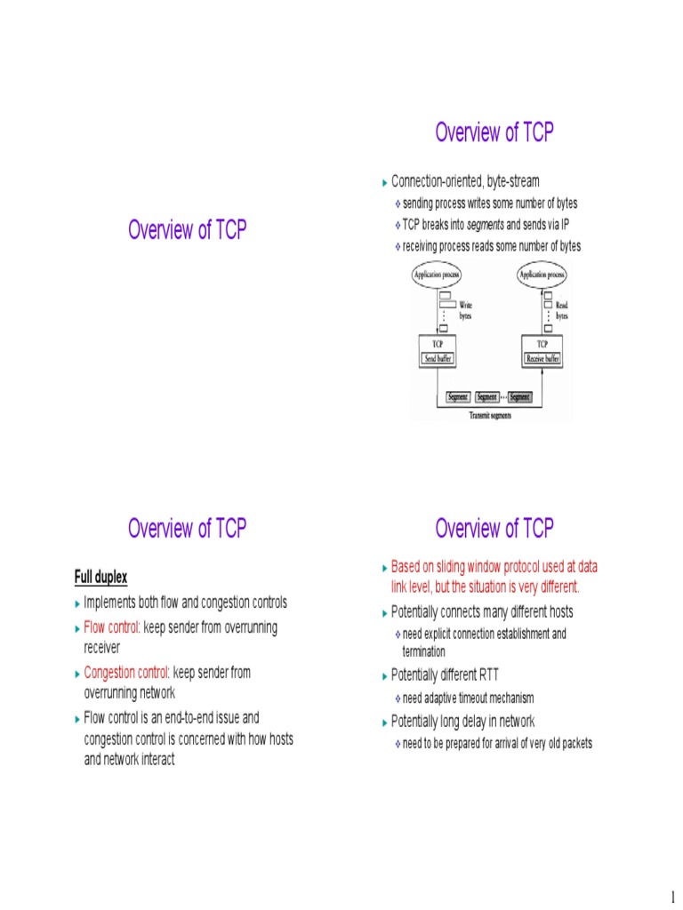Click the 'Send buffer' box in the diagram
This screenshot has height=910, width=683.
coord(437,359)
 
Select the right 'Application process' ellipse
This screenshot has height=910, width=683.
coord(543,275)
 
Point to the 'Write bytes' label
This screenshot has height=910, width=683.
coord(466,310)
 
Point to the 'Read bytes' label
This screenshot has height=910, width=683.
coord(562,310)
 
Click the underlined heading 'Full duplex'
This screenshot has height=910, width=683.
coord(100,578)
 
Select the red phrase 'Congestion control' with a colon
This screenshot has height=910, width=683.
coord(126,673)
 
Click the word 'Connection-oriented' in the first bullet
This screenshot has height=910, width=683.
coord(437,182)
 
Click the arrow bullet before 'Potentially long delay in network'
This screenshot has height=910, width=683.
coord(386,722)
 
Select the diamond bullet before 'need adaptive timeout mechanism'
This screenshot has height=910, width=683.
coord(398,698)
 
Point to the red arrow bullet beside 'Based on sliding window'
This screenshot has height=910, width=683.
coord(386,566)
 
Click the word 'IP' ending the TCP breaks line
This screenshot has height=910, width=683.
coord(564,225)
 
